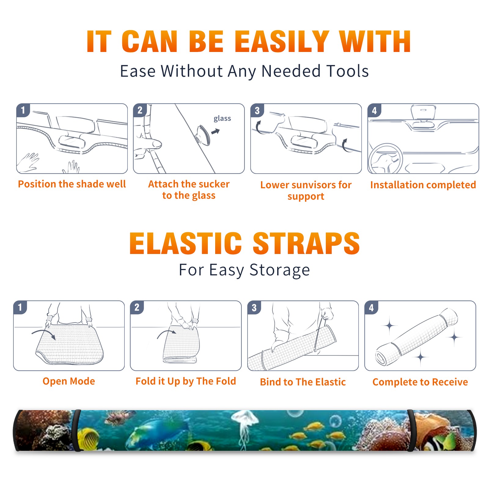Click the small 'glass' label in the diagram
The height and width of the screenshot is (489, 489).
[x=222, y=118]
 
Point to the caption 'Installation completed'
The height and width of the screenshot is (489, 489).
[x=423, y=185]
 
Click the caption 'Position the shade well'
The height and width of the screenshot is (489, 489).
[x=72, y=184]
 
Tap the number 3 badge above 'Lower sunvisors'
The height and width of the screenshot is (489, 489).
[x=257, y=110]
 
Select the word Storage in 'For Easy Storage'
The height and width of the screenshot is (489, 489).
[x=280, y=270]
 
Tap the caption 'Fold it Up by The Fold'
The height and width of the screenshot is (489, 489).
[x=186, y=381]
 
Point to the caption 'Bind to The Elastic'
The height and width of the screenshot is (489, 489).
[x=303, y=382]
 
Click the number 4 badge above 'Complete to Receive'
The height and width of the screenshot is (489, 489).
[x=371, y=307]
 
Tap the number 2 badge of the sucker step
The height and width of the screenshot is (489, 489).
[x=140, y=110]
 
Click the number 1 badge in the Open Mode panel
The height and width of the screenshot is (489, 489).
[x=20, y=307]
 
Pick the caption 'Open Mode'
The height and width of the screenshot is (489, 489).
[x=69, y=381]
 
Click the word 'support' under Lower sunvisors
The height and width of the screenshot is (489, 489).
[x=306, y=197]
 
